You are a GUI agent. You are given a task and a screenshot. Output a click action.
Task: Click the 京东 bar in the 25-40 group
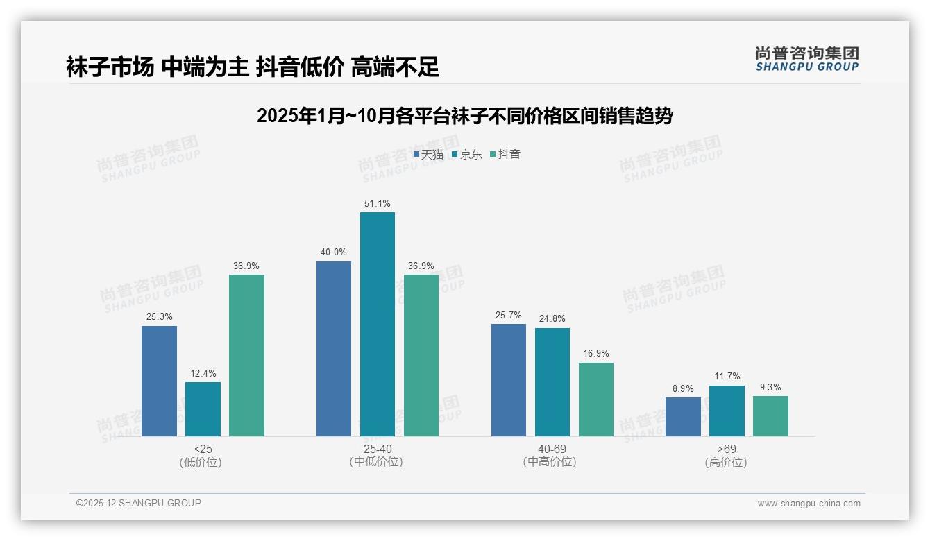377,324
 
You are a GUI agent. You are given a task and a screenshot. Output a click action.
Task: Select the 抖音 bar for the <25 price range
246,355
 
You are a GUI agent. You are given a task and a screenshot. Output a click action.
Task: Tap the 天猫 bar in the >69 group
683,416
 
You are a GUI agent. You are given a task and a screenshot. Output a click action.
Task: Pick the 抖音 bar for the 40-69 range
595,399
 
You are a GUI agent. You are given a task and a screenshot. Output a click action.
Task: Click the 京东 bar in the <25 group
203,409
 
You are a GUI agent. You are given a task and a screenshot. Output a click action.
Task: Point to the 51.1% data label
377,203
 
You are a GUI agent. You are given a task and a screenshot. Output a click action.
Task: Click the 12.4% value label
203,373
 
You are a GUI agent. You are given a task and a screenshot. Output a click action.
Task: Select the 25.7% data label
508,315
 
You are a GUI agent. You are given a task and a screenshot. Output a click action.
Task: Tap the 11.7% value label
727,377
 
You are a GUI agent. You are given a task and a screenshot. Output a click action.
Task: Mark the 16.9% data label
595,354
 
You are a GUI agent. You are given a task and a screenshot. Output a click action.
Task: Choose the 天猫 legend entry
428,154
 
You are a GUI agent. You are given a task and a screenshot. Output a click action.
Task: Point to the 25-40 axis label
377,449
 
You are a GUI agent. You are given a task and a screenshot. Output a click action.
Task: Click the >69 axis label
727,449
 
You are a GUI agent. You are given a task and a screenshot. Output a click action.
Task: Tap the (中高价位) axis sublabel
551,462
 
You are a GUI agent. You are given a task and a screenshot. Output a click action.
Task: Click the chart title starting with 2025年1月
464,115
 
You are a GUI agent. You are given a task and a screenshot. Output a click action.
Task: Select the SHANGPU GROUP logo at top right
806,59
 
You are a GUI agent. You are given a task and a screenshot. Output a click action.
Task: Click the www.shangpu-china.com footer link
809,504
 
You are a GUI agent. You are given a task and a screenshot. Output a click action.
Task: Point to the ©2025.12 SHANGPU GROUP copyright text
139,503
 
